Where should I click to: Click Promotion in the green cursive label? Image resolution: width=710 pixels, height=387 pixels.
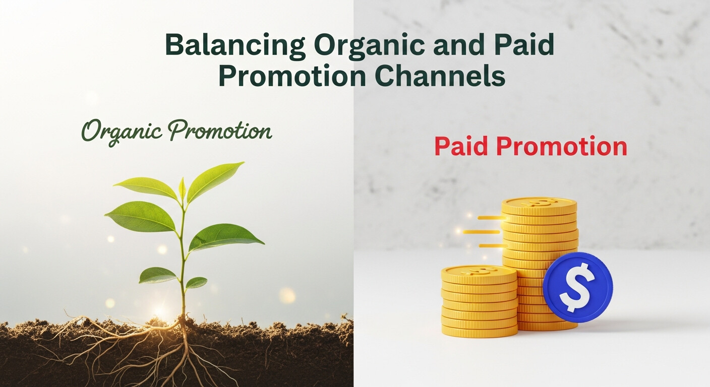pyautogui.click(x=220, y=131)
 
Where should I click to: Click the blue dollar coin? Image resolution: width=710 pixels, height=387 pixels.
pyautogui.click(x=577, y=287)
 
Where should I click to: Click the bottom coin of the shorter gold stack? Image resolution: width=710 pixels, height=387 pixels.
pyautogui.click(x=480, y=330)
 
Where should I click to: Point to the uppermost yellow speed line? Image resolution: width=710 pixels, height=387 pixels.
pyautogui.click(x=490, y=218)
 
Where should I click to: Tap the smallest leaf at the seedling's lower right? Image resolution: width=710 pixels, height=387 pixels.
pyautogui.click(x=196, y=283)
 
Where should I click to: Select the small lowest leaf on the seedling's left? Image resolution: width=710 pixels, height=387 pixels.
pyautogui.click(x=157, y=275)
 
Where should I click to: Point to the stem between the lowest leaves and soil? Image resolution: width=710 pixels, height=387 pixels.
pyautogui.click(x=183, y=302)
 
